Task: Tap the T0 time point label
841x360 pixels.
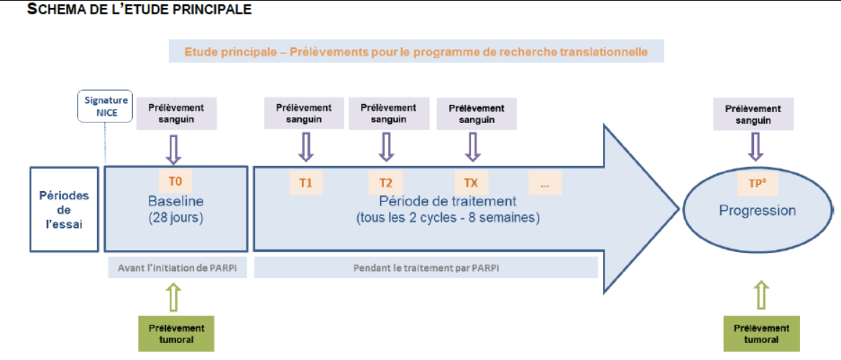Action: [175, 181]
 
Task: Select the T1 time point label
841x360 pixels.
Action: [305, 183]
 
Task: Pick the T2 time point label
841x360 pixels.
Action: [385, 183]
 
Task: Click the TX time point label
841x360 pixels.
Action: [470, 183]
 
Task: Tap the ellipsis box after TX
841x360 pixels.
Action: [545, 183]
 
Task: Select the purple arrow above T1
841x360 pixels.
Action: [305, 147]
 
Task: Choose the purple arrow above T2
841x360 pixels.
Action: [385, 147]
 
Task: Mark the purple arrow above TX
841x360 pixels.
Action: [472, 147]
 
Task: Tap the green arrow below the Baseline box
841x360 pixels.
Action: [175, 297]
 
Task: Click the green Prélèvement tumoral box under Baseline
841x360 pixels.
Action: [177, 333]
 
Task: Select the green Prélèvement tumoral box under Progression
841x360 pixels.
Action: [762, 333]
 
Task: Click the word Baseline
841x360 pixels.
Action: [176, 202]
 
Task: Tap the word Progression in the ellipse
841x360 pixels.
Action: [758, 211]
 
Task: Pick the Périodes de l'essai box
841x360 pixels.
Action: [64, 209]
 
